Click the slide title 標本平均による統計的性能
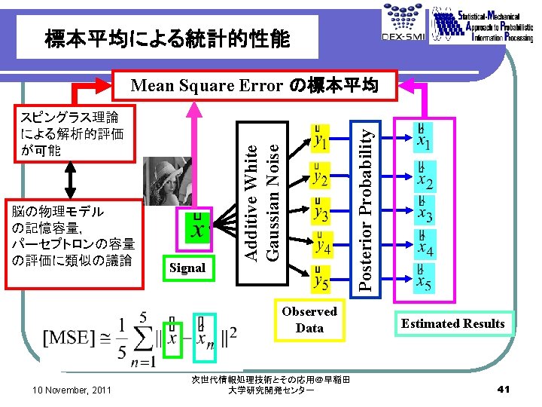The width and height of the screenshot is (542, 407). [x=166, y=38]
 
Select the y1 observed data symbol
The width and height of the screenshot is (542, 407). [x=321, y=139]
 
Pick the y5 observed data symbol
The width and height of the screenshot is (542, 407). [x=321, y=281]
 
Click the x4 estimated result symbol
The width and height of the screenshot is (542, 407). [x=425, y=246]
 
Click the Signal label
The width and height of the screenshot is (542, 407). [x=187, y=267]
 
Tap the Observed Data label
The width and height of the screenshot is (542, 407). [x=309, y=320]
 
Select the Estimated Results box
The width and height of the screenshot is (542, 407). [x=452, y=323]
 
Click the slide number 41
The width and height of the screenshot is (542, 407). [x=504, y=389]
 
